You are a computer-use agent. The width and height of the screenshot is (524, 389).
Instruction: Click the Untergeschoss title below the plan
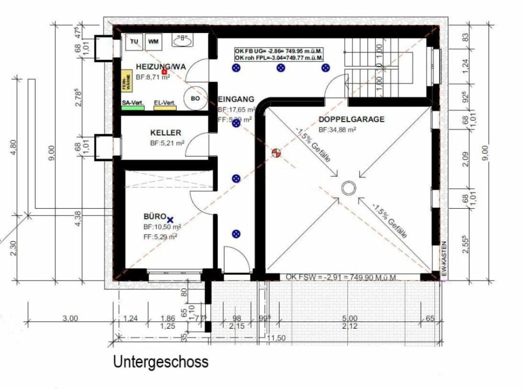tap(160, 362)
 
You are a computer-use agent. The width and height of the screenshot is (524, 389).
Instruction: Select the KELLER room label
tap(166, 133)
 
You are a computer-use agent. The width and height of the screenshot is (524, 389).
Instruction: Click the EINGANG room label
tap(236, 99)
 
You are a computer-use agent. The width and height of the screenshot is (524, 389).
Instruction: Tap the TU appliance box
tap(134, 41)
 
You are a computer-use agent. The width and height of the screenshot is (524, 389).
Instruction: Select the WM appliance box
tap(153, 41)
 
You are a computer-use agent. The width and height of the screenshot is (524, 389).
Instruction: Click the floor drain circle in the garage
tap(347, 188)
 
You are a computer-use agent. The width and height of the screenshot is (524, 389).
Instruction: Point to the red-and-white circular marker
tap(277, 153)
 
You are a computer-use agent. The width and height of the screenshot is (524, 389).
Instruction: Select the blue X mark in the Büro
tap(170, 220)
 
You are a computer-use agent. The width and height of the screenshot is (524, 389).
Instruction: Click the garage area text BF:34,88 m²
tap(338, 129)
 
